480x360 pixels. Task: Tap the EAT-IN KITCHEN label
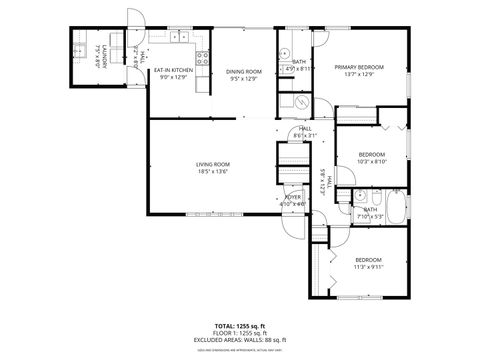tap(173, 70)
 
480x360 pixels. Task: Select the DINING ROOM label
tap(243, 71)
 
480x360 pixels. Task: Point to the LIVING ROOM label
tap(212, 164)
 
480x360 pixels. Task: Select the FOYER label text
tap(293, 197)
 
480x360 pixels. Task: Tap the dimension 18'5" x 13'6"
tap(212, 171)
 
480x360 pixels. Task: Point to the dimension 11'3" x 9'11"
tap(367, 267)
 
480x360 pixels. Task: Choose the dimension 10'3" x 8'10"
tap(372, 161)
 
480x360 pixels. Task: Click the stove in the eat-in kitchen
tap(202, 59)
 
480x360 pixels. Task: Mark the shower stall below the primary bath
tap(298, 100)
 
